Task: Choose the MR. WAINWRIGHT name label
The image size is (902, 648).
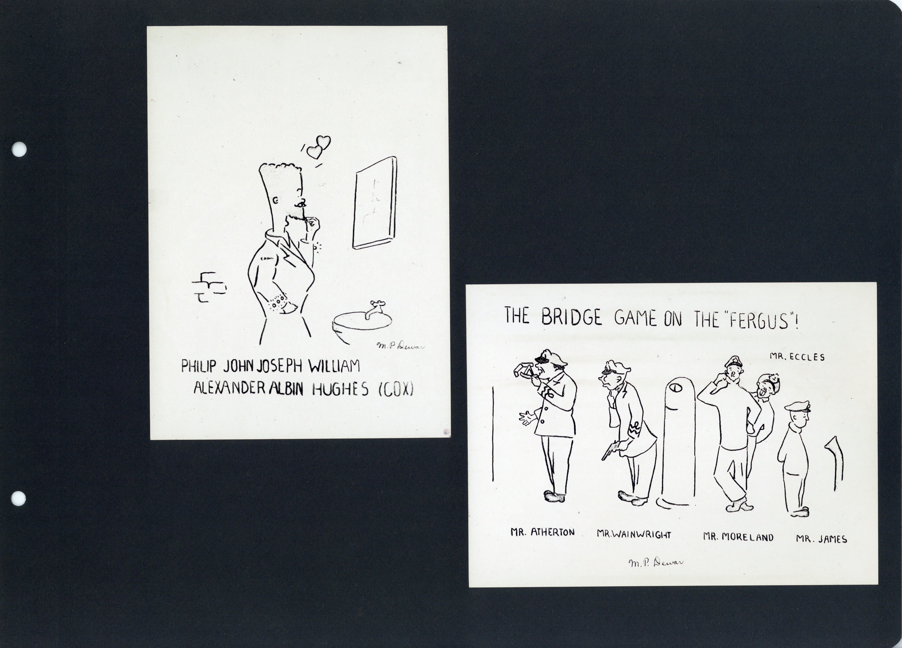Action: click(x=634, y=534)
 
